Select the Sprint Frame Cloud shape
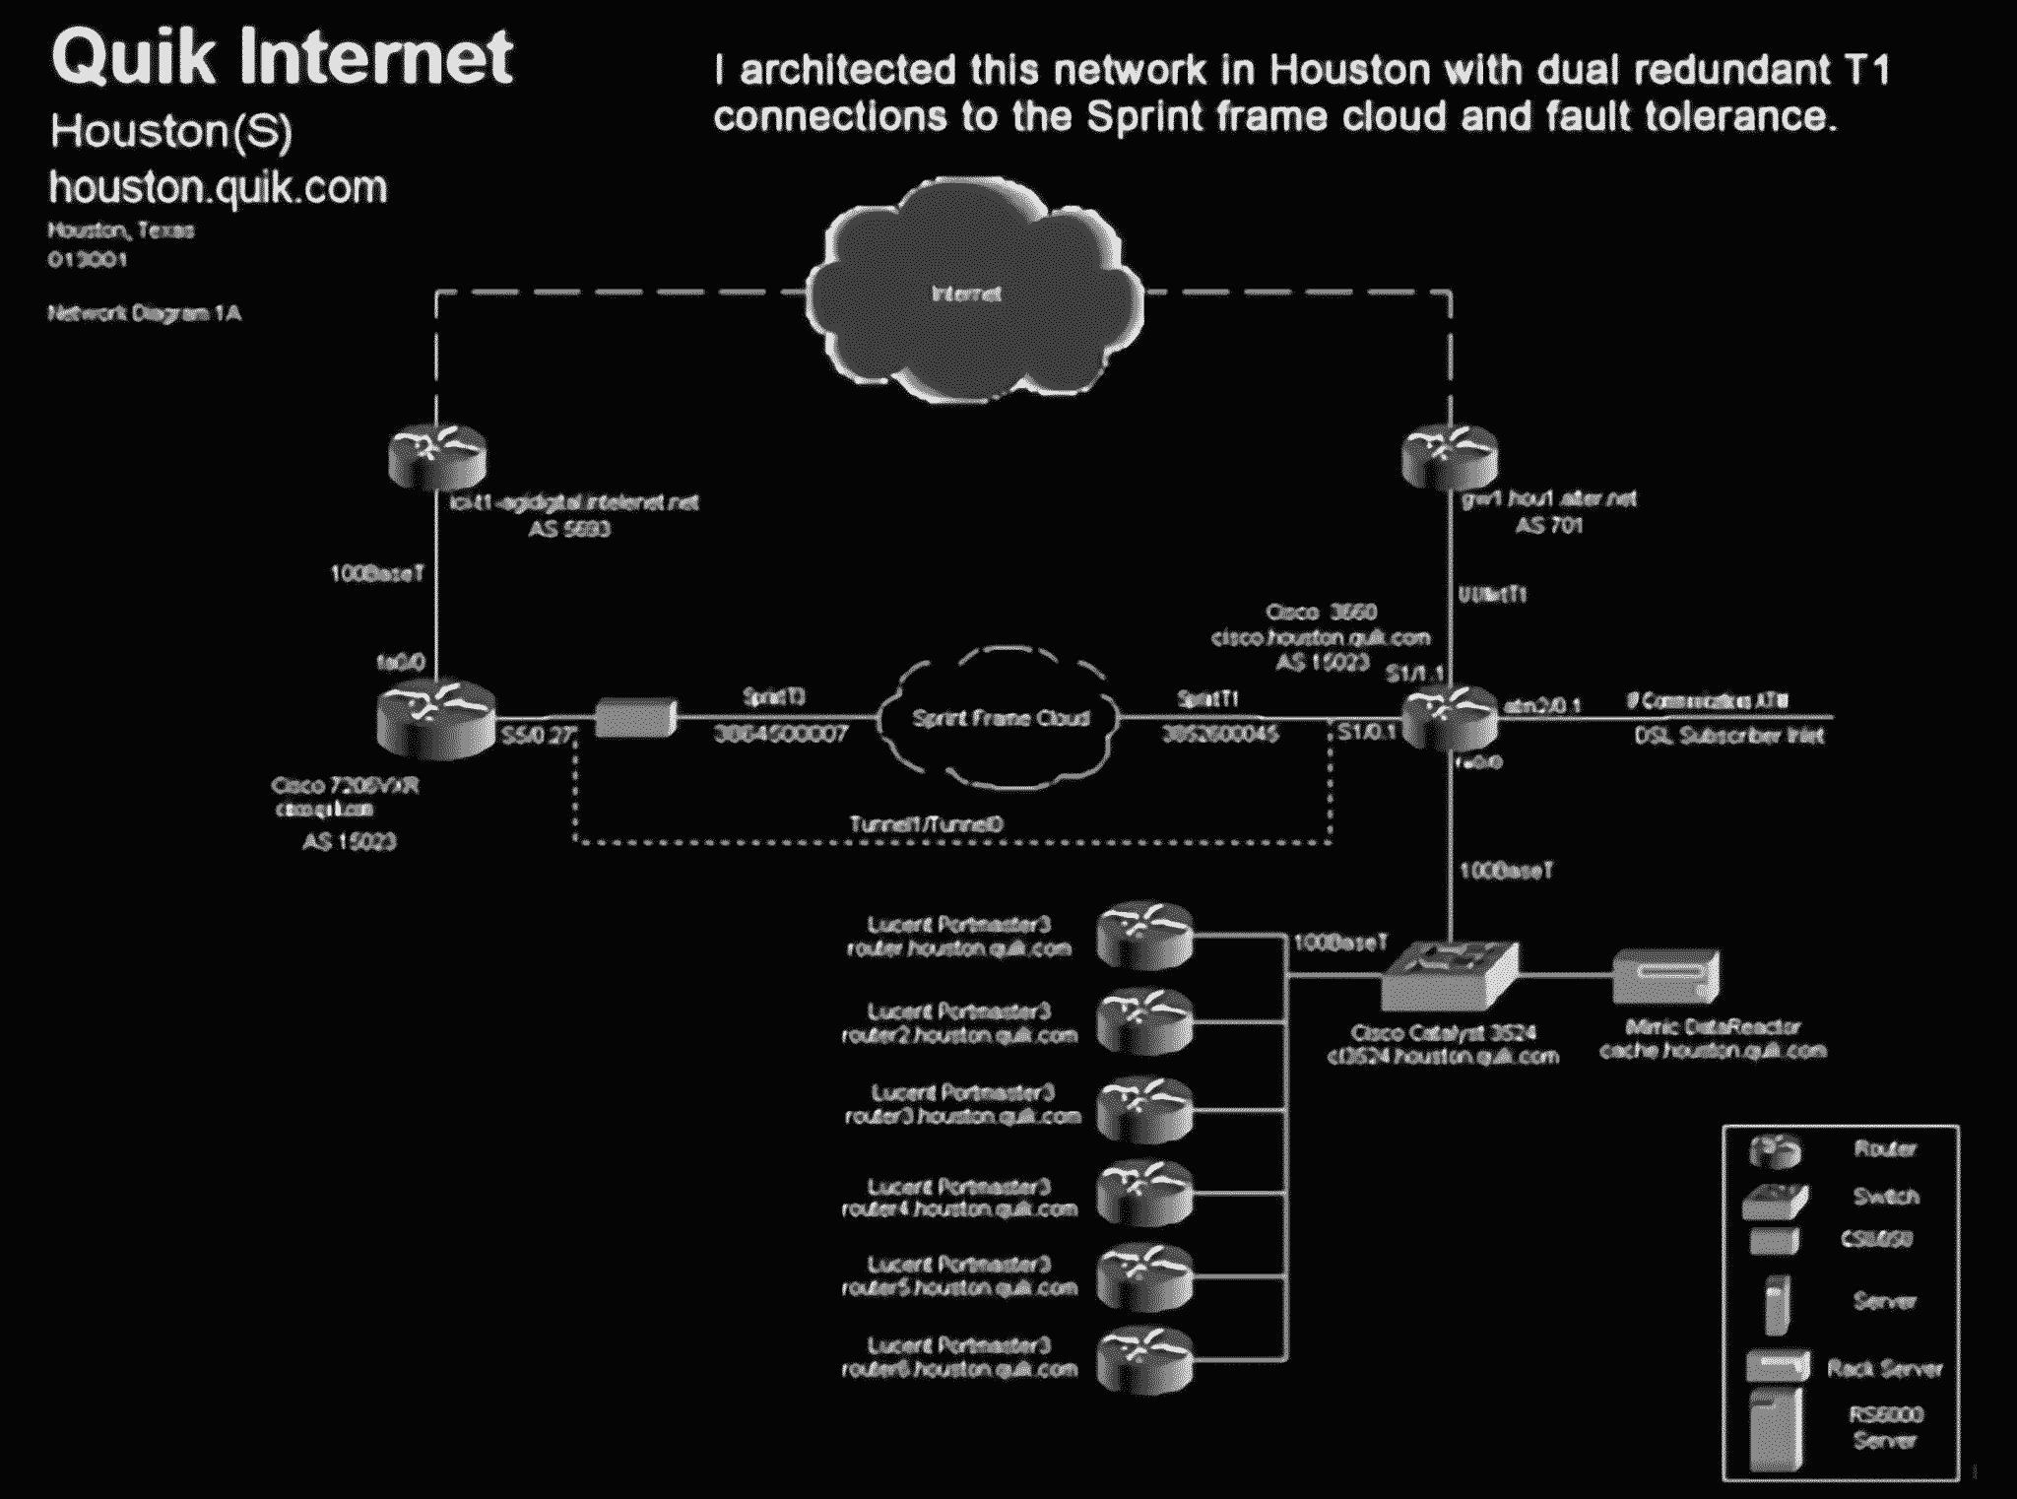1000,718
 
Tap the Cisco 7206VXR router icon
435,718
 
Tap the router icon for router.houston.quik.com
1144,935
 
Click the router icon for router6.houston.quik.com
1144,1359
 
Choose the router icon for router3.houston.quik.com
1144,1109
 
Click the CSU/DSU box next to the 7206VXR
635,717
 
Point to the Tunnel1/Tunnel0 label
927,823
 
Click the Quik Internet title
282,57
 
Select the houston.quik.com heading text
219,187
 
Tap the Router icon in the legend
1775,1149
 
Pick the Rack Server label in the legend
1884,1368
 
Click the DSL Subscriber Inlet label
1729,735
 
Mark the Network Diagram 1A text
145,313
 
